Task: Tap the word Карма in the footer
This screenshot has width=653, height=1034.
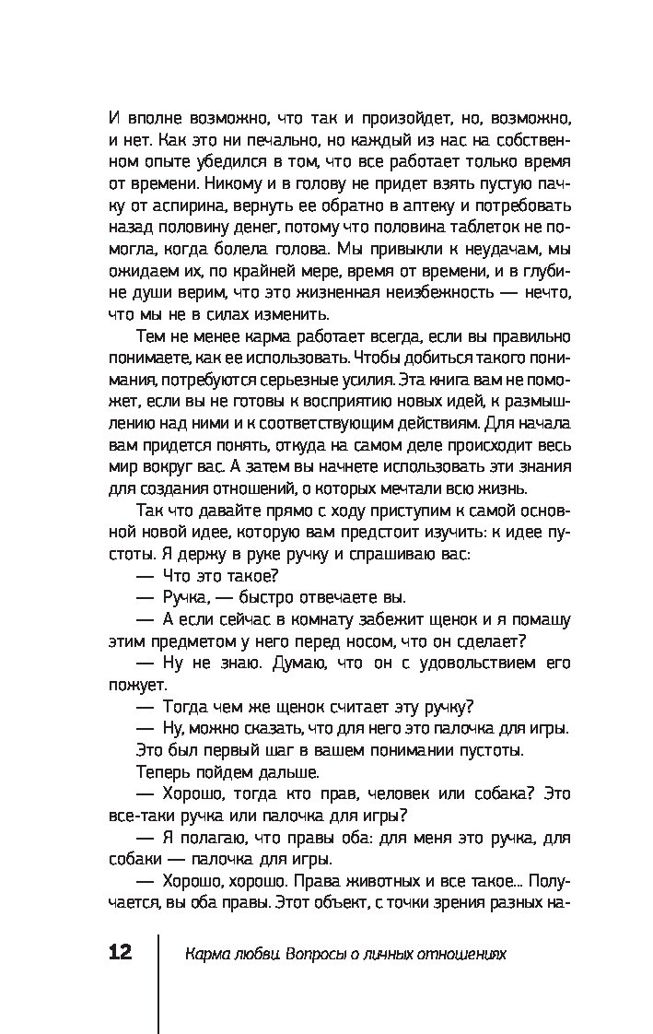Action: coord(205,954)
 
